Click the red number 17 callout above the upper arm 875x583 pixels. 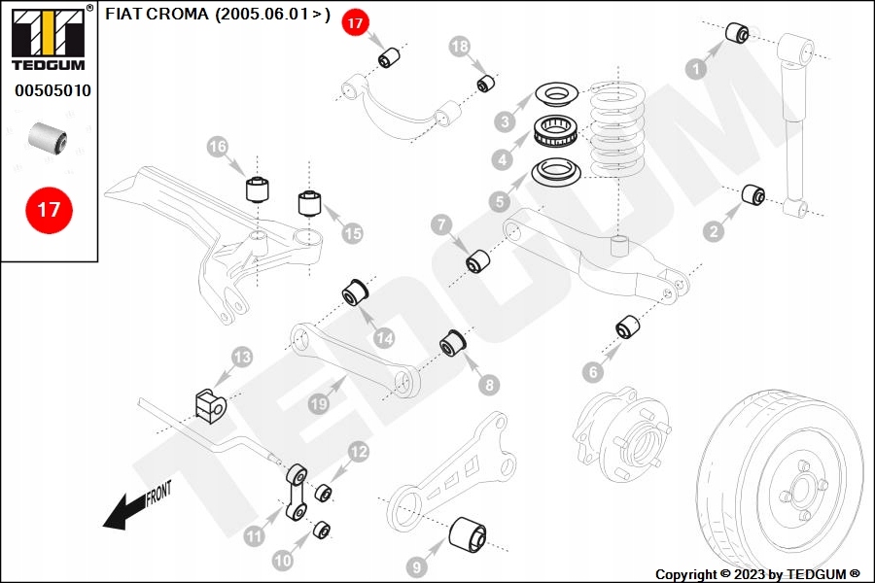click(355, 23)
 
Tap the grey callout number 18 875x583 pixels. click(459, 46)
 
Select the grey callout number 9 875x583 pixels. click(417, 567)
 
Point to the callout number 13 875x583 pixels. click(242, 357)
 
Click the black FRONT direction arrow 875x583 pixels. click(137, 504)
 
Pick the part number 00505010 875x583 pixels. click(52, 90)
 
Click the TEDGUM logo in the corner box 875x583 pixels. click(50, 39)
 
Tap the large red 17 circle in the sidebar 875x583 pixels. click(49, 210)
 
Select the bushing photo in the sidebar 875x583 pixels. click(48, 138)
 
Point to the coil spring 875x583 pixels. click(617, 129)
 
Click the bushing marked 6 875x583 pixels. click(628, 327)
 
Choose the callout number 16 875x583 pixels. click(217, 146)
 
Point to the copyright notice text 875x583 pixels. click(757, 574)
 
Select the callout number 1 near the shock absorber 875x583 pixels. click(696, 69)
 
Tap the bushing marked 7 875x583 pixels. click(477, 261)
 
